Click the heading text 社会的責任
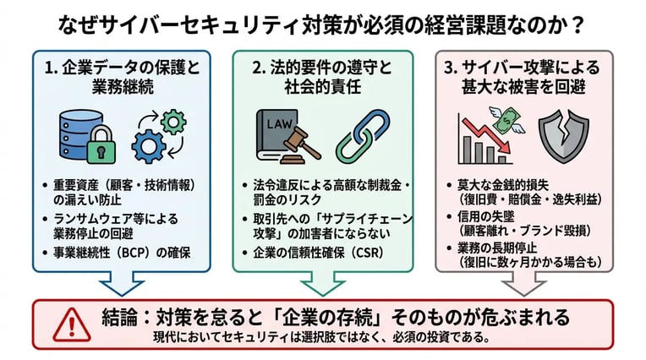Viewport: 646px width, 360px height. click(322, 89)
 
